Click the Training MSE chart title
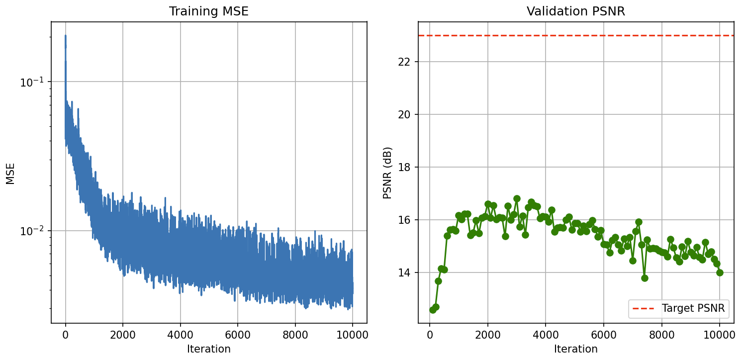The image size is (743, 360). pyautogui.click(x=209, y=11)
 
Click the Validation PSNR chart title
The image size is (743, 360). pyautogui.click(x=576, y=11)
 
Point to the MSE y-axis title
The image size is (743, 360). pyautogui.click(x=10, y=173)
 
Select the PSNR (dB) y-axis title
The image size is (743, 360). pyautogui.click(x=387, y=173)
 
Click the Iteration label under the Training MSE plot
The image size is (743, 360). pyautogui.click(x=209, y=349)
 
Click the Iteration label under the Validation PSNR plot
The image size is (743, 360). pyautogui.click(x=576, y=349)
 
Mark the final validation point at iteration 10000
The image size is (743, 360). pyautogui.click(x=720, y=272)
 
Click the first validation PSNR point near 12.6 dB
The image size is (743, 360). pyautogui.click(x=433, y=310)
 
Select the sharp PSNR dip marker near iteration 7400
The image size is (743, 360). pyautogui.click(x=645, y=278)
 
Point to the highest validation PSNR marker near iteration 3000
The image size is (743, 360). pyautogui.click(x=517, y=198)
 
